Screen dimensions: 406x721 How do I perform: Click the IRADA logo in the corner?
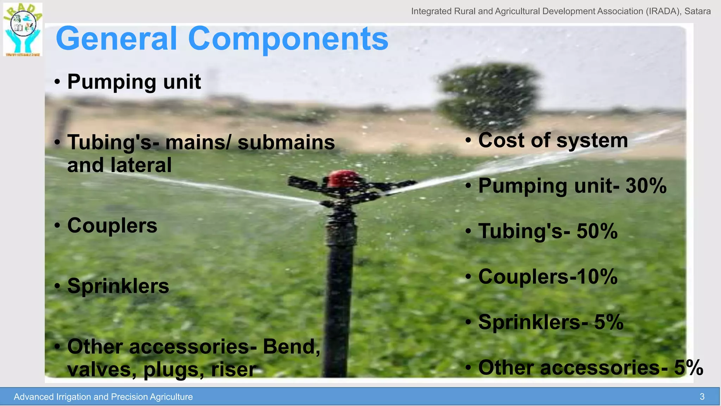(x=23, y=30)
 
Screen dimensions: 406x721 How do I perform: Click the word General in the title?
(x=116, y=39)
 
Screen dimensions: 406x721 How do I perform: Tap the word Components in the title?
(x=288, y=39)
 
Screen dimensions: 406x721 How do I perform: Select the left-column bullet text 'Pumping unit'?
(x=134, y=82)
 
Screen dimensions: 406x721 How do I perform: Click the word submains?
(x=286, y=142)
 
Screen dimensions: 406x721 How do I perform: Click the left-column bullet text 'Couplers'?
(x=112, y=226)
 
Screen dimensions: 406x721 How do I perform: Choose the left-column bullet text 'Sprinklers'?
(x=118, y=286)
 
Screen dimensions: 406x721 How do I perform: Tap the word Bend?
(x=291, y=346)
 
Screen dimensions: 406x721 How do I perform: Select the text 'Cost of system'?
(x=553, y=140)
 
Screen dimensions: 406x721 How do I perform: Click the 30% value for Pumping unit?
(x=646, y=186)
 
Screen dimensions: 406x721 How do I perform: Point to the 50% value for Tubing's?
(x=597, y=231)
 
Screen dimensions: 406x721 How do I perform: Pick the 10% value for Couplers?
(x=597, y=277)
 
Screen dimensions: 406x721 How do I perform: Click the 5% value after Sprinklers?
(x=609, y=322)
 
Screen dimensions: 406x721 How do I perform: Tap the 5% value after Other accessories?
(x=689, y=368)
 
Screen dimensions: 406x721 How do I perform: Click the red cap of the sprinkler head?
(x=344, y=178)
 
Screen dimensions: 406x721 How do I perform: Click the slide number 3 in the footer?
(x=702, y=397)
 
